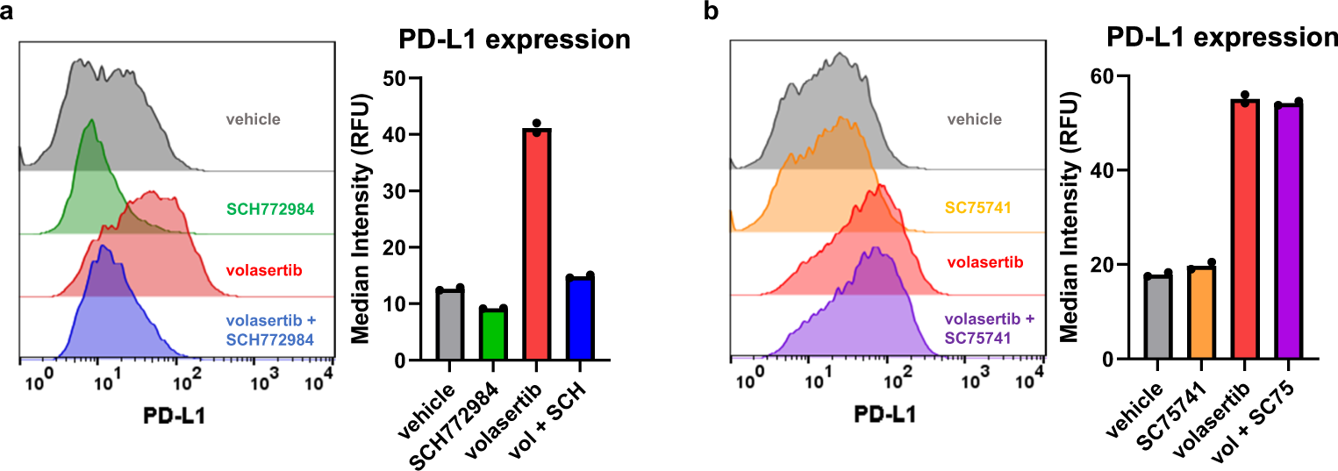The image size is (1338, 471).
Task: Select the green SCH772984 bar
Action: pyautogui.click(x=493, y=335)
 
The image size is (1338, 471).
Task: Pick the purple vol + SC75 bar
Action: pyautogui.click(x=1288, y=232)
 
